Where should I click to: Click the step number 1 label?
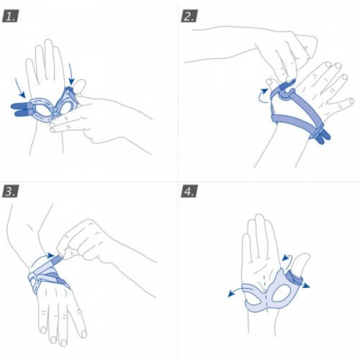tap(10, 16)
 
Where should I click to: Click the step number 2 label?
tap(189, 16)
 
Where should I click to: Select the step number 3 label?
tap(10, 191)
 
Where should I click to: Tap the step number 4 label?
tap(189, 191)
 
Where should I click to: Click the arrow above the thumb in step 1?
tap(71, 74)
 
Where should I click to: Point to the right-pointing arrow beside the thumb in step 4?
tap(305, 285)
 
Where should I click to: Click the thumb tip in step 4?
tap(305, 255)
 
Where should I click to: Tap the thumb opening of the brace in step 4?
tap(281, 293)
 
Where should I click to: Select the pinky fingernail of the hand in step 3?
tap(84, 334)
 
